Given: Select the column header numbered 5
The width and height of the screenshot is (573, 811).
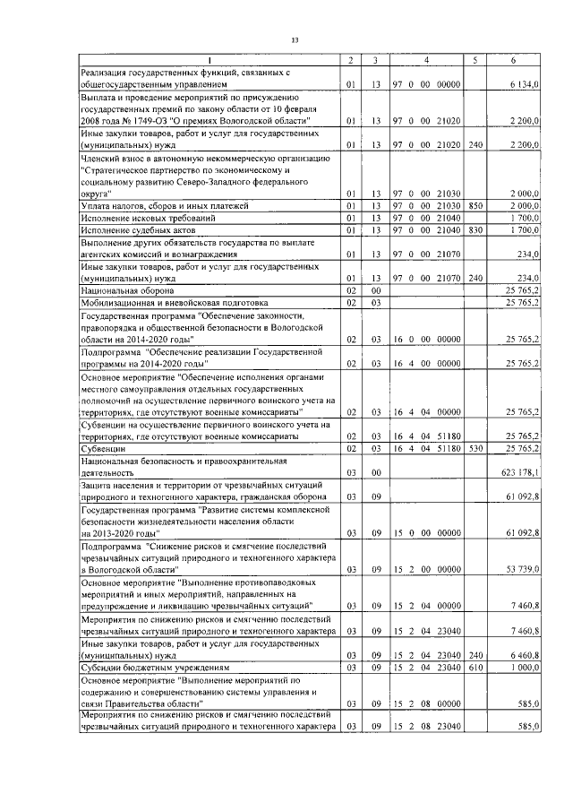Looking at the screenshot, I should click(x=474, y=60).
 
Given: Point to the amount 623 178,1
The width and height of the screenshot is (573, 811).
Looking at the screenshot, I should click(x=519, y=471).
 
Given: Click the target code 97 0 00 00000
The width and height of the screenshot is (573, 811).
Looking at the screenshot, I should click(x=426, y=84).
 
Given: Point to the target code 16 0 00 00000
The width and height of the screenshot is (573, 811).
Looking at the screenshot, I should click(x=426, y=341).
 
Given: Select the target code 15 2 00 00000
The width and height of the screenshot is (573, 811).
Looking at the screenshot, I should click(x=426, y=569).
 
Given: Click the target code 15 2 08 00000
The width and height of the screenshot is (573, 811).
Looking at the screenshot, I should click(x=426, y=705).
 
